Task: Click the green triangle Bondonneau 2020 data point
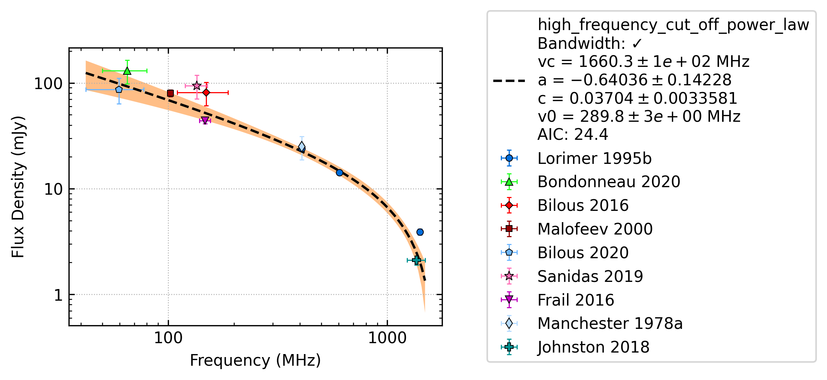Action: (127, 71)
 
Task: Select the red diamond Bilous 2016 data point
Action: (206, 92)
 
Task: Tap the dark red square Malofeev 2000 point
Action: (170, 93)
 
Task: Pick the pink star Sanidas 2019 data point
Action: (196, 86)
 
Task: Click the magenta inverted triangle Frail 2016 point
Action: (205, 121)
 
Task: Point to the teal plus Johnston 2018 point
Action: (416, 260)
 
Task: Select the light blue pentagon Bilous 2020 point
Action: (119, 89)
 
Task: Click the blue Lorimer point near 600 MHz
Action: (339, 173)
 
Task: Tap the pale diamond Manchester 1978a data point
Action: (302, 147)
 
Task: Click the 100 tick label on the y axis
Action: (48, 83)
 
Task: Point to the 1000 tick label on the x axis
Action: (387, 338)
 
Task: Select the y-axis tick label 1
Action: (58, 295)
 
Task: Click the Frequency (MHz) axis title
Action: (255, 360)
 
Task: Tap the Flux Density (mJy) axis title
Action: (18, 187)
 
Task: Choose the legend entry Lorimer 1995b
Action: (594, 158)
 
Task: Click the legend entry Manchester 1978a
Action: (610, 323)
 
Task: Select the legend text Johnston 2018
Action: (593, 347)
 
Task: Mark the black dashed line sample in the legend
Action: (509, 80)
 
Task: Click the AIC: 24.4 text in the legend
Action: (573, 134)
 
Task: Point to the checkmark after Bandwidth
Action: (637, 44)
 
